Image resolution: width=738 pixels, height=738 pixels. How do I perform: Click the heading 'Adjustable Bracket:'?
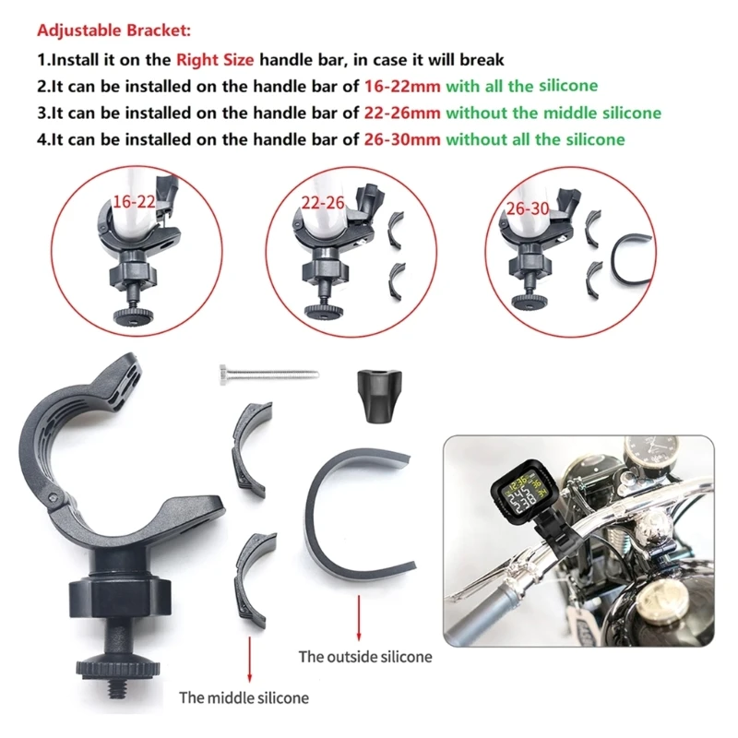coord(113,30)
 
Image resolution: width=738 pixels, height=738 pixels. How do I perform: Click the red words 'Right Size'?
coord(215,60)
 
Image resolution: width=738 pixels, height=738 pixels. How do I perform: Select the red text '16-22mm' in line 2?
coord(402,86)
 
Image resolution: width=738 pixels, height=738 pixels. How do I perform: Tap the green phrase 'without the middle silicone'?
coord(553,113)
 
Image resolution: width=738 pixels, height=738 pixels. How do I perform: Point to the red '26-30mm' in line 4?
coord(402,139)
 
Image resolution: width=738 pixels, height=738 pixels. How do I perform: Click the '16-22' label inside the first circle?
coord(134,202)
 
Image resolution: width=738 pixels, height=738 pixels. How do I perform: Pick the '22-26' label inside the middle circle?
coord(323,203)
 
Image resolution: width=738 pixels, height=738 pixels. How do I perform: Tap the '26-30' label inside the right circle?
coord(528,208)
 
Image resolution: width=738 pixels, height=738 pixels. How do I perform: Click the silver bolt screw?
coord(269,375)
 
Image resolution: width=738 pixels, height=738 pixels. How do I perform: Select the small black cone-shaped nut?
coord(379,397)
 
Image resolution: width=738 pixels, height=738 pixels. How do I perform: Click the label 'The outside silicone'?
coord(365,657)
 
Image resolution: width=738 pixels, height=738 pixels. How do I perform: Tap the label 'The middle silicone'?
coord(244,697)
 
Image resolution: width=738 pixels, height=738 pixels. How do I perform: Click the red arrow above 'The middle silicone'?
coord(249,660)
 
